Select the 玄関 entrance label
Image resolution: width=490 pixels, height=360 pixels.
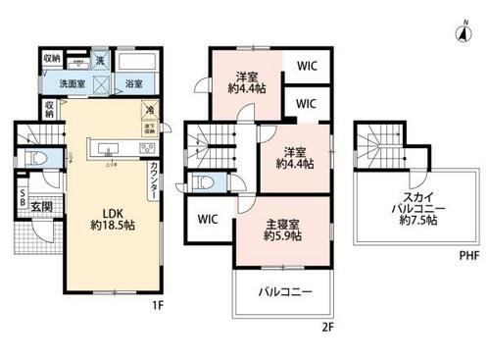click(x=40, y=206)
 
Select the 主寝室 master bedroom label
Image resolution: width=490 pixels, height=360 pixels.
click(x=282, y=231)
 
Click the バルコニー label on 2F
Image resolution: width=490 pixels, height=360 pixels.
click(x=283, y=292)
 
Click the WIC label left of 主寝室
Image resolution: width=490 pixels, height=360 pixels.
click(x=208, y=219)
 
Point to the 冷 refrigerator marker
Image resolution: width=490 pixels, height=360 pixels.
click(x=148, y=109)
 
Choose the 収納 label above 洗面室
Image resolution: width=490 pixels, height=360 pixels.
click(x=50, y=58)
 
